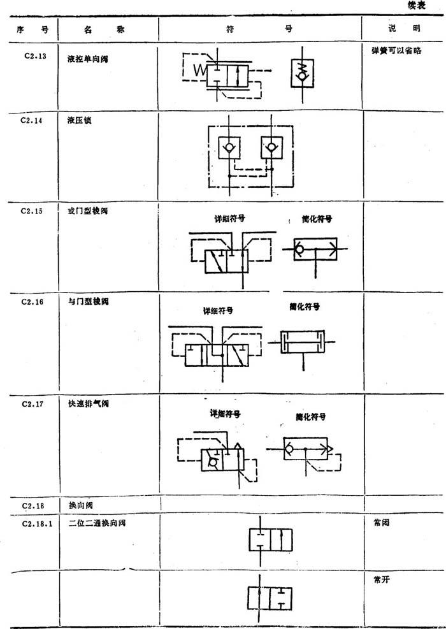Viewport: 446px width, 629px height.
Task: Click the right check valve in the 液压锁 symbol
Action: pos(271,150)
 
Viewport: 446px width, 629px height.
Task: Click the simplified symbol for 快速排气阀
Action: pos(305,449)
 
